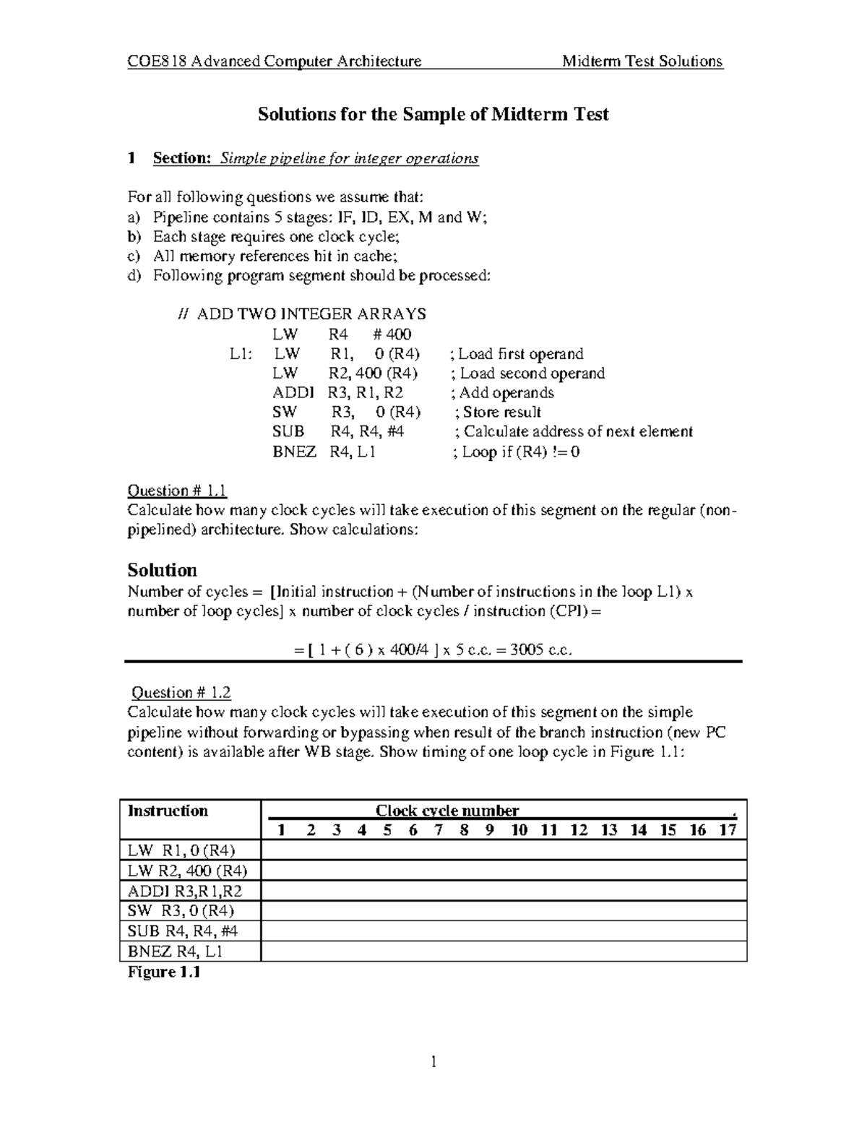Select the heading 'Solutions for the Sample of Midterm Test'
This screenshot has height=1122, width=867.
pyautogui.click(x=433, y=114)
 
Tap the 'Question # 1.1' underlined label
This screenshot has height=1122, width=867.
pyautogui.click(x=177, y=491)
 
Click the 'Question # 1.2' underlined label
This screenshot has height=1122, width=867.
pyautogui.click(x=180, y=693)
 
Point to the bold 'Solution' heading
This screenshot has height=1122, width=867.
pyautogui.click(x=162, y=569)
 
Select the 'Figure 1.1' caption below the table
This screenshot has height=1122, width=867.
pyautogui.click(x=163, y=972)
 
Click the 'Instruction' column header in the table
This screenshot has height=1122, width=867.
pyautogui.click(x=168, y=811)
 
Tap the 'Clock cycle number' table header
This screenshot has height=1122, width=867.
pyautogui.click(x=447, y=811)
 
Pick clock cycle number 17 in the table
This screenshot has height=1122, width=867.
pyautogui.click(x=727, y=830)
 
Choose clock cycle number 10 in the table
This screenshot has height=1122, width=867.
pyautogui.click(x=519, y=830)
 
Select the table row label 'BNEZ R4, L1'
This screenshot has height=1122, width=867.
pyautogui.click(x=175, y=951)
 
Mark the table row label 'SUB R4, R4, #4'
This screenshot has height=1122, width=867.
pyautogui.click(x=183, y=931)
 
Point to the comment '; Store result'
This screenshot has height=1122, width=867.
pyautogui.click(x=499, y=413)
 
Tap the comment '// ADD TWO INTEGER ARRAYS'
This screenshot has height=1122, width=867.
pyautogui.click(x=302, y=314)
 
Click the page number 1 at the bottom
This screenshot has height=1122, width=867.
pyautogui.click(x=433, y=1061)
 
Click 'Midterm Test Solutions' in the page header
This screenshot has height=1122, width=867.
pyautogui.click(x=642, y=61)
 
